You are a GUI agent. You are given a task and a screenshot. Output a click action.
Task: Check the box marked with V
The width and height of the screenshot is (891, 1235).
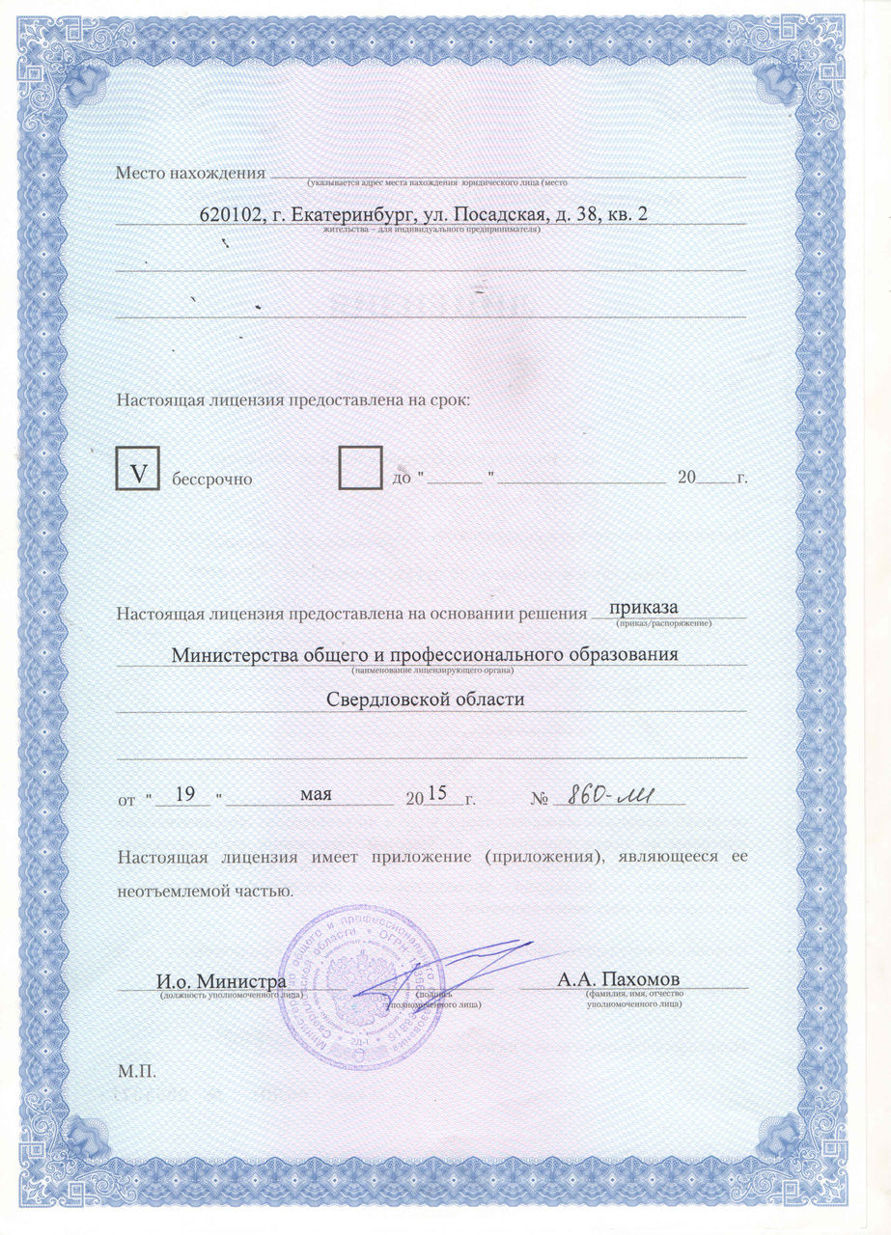click(x=138, y=468)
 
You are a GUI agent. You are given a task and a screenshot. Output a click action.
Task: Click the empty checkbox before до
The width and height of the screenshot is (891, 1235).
click(x=361, y=468)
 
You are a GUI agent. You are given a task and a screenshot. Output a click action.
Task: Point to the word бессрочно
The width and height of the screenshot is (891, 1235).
click(x=212, y=479)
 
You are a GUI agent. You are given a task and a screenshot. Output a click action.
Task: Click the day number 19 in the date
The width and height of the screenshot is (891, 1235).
click(x=187, y=794)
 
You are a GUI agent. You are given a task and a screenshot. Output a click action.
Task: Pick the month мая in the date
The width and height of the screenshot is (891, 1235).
click(x=317, y=794)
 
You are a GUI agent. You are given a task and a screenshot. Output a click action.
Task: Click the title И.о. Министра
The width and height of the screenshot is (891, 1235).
click(x=221, y=981)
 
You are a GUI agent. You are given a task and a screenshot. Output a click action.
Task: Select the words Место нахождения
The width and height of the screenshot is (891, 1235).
click(x=190, y=174)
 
